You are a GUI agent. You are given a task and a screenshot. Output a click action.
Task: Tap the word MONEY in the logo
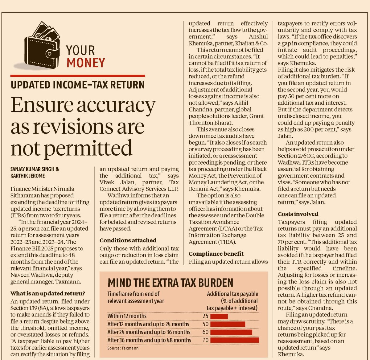pyautogui.click(x=86, y=63)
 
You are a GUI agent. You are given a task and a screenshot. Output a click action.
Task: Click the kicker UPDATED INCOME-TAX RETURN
pyautogui.click(x=77, y=85)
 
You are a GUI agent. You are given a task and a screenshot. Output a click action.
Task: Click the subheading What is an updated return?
pyautogui.click(x=48, y=293)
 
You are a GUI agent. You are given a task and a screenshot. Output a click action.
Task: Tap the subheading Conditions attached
pyautogui.click(x=128, y=240)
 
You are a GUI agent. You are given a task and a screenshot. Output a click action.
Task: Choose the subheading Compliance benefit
pyautogui.click(x=216, y=253)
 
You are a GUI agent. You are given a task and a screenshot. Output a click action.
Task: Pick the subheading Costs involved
pyautogui.click(x=298, y=214)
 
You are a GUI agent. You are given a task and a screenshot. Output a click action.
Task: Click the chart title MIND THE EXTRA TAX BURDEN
pyautogui.click(x=170, y=283)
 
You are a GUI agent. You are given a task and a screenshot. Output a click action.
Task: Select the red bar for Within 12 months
pyautogui.click(x=219, y=316)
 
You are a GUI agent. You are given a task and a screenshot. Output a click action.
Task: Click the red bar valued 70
pyautogui.click(x=235, y=340)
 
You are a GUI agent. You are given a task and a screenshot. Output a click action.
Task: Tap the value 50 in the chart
pyautogui.click(x=205, y=324)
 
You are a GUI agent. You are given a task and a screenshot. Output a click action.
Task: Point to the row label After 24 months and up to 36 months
pyautogui.click(x=149, y=332)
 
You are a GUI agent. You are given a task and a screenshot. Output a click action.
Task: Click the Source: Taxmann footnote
pyautogui.click(x=123, y=348)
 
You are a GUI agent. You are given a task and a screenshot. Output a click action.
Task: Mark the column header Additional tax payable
pyautogui.click(x=232, y=294)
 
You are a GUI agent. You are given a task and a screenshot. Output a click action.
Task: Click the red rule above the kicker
pyautogui.click(x=77, y=76)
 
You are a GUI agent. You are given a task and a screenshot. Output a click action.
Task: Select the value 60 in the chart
pyautogui.click(x=205, y=332)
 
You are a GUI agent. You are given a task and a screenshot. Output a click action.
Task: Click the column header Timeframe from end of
pyautogui.click(x=134, y=294)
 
